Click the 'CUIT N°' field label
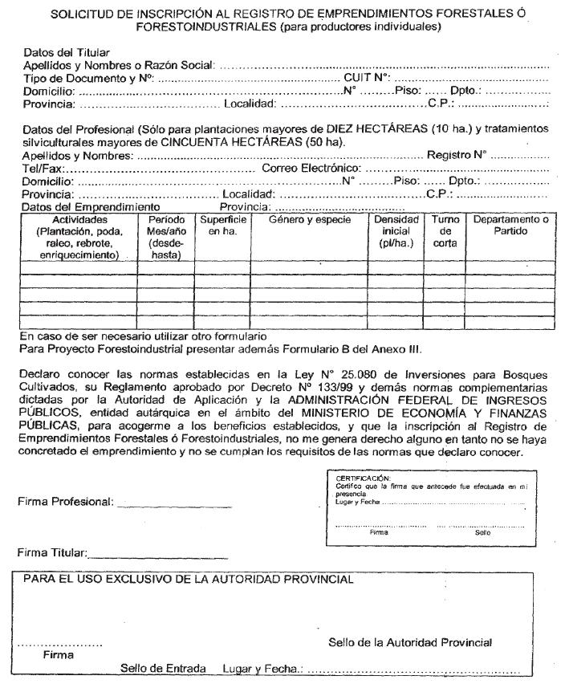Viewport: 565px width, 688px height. click(366, 78)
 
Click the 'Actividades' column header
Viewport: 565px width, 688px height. click(79, 219)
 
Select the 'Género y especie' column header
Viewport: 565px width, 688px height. click(321, 219)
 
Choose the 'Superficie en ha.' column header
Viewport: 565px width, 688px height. click(224, 225)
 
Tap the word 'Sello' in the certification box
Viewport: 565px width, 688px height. click(482, 531)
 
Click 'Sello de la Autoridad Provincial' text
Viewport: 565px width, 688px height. click(410, 642)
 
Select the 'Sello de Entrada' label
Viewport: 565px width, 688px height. click(163, 668)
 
